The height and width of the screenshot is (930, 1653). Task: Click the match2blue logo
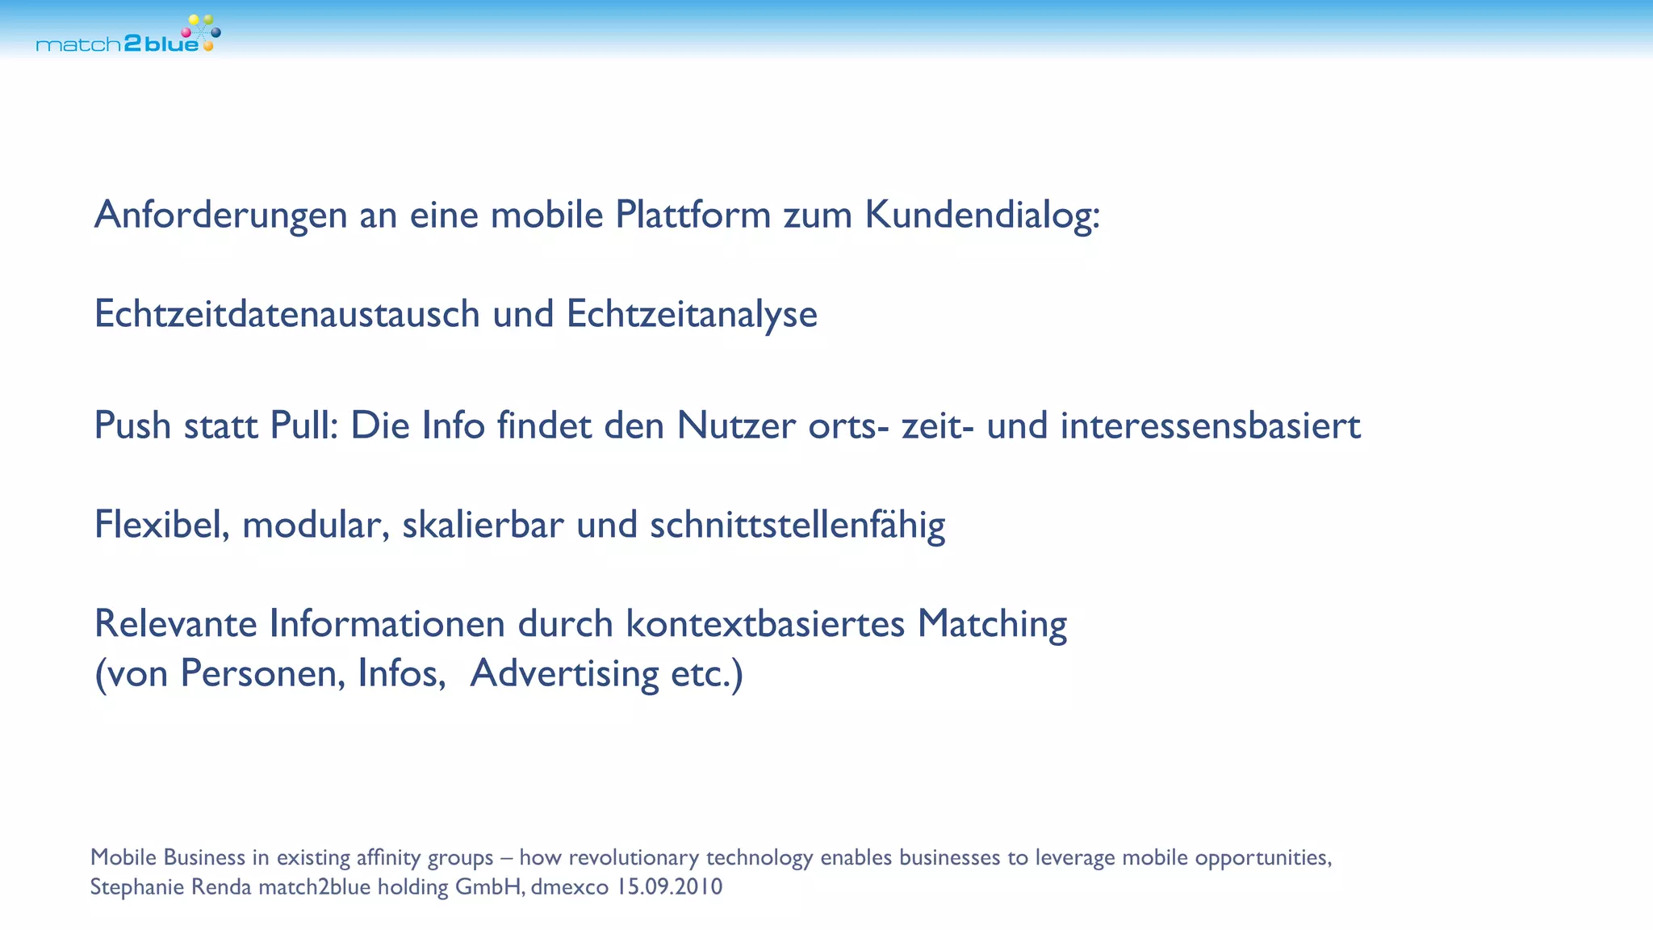tap(128, 36)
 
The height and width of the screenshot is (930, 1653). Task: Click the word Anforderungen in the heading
tap(220, 216)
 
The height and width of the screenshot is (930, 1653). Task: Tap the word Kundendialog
tap(981, 216)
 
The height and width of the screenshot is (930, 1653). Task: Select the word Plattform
tap(693, 216)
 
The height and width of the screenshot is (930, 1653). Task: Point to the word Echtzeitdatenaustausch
tap(287, 314)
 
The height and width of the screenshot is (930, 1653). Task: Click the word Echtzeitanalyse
tap(692, 314)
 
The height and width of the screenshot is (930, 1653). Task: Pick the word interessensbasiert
tap(1210, 426)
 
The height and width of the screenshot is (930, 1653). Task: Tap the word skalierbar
tap(483, 526)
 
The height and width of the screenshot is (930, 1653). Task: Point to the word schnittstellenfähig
tap(797, 526)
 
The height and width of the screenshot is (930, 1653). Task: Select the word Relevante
tap(175, 624)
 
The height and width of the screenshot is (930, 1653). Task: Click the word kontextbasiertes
tap(765, 624)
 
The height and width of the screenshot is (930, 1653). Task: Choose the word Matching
tap(992, 624)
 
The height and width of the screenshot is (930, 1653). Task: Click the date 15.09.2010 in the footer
tap(669, 887)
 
